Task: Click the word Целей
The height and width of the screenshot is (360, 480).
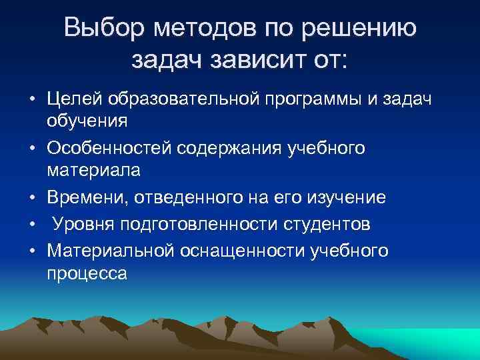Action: coord(75,99)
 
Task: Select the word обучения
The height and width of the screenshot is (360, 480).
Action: coord(86,122)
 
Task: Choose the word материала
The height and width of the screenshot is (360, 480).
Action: coord(94,170)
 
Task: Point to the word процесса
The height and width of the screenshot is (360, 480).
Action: coord(87,273)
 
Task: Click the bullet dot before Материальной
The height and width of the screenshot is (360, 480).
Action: coord(31,250)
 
